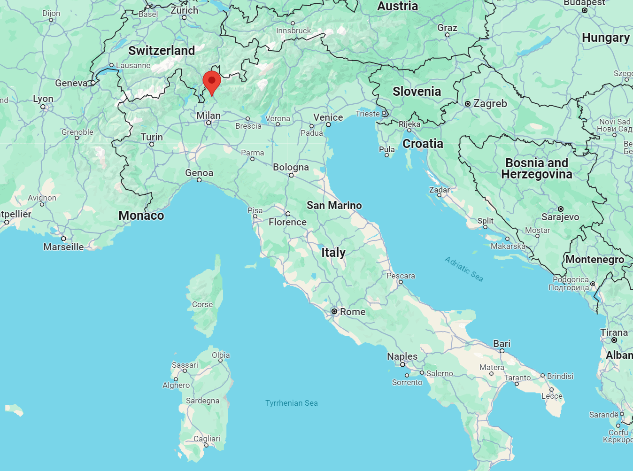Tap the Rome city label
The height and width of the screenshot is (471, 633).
pos(353,312)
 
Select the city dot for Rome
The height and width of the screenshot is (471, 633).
pos(334,311)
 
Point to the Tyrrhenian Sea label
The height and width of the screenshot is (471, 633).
pos(291,403)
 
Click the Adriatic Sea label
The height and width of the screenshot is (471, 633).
pos(464,269)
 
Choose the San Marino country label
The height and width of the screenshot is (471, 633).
pos(334,205)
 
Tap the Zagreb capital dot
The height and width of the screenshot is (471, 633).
pos(468,104)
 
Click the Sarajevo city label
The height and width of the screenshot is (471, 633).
pos(560,217)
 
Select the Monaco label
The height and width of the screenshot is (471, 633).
pos(141,216)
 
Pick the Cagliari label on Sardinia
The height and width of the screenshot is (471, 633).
pos(207,439)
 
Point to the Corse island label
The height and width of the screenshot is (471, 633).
pos(202,304)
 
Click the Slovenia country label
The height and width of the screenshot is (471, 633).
pos(417,92)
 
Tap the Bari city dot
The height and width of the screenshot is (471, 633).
pos(502,351)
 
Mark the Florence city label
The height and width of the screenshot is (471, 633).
pos(287,222)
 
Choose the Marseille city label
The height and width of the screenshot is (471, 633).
pos(63,247)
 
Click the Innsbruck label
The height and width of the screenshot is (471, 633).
pos(293,31)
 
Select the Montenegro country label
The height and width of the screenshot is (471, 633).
pos(594,259)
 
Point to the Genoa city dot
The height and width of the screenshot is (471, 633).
pos(199,180)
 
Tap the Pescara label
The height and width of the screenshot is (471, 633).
pos(401,276)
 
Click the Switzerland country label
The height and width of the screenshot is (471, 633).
pos(162,51)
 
